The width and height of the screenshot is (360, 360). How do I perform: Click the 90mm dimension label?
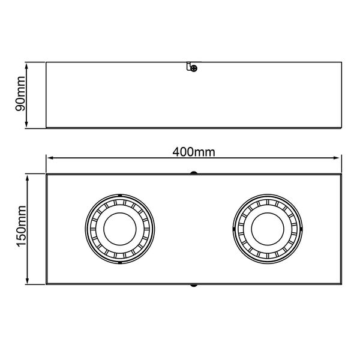tap(20, 94)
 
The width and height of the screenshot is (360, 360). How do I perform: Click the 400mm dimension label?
tap(194, 152)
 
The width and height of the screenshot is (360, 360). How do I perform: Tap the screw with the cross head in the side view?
tap(194, 68)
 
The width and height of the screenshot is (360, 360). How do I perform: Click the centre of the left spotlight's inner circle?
tap(120, 229)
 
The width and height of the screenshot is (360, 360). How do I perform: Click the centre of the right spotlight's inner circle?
tap(268, 229)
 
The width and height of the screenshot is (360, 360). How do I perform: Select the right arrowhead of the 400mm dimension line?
tap(337, 158)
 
